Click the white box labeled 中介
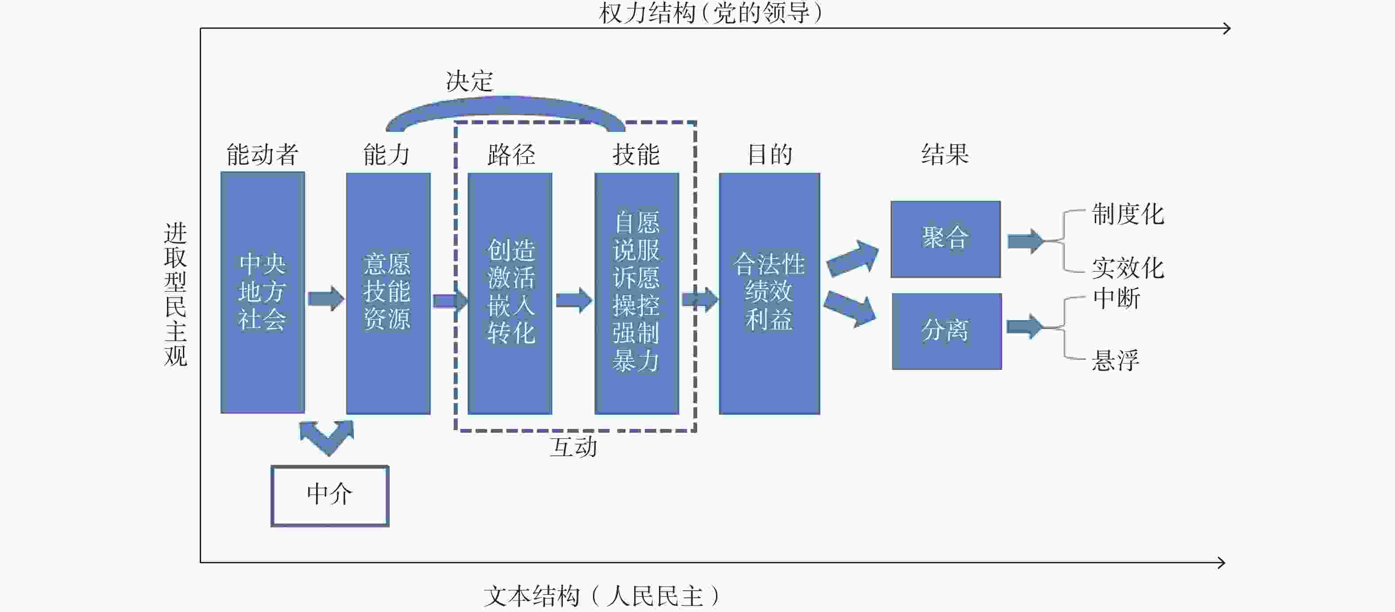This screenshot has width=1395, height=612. [330, 495]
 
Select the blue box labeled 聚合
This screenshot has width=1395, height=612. [945, 239]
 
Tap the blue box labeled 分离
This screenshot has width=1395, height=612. [946, 331]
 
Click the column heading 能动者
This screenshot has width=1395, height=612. [262, 155]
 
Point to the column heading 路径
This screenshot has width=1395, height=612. [511, 155]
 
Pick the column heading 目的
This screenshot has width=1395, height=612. [770, 155]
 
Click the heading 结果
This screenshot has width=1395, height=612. [945, 155]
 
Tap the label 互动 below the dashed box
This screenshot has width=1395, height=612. [573, 447]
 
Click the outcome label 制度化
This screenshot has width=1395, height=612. [1128, 214]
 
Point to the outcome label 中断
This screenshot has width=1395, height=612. [1116, 298]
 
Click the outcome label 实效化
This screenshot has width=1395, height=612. [1128, 268]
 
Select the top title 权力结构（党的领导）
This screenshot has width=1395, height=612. [710, 13]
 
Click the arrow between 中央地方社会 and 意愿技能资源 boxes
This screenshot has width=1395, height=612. [325, 298]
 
